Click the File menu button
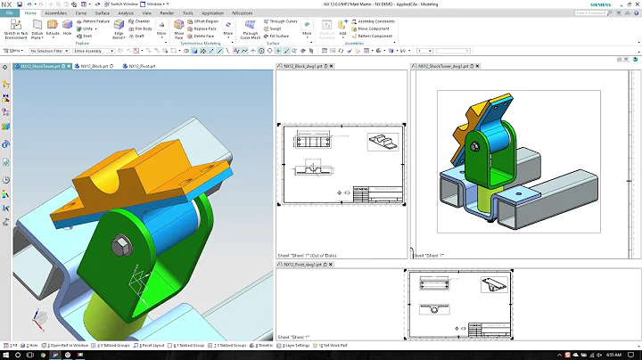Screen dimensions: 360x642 pyautogui.click(x=9, y=14)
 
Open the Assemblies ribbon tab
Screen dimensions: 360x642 pyautogui.click(x=55, y=14)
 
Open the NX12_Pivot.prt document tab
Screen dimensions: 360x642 pyautogui.click(x=143, y=67)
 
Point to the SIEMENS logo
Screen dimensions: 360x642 pyautogui.click(x=621, y=4)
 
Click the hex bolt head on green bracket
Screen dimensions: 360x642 pyautogui.click(x=117, y=242)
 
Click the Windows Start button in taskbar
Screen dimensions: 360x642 pyautogui.click(x=7, y=354)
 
